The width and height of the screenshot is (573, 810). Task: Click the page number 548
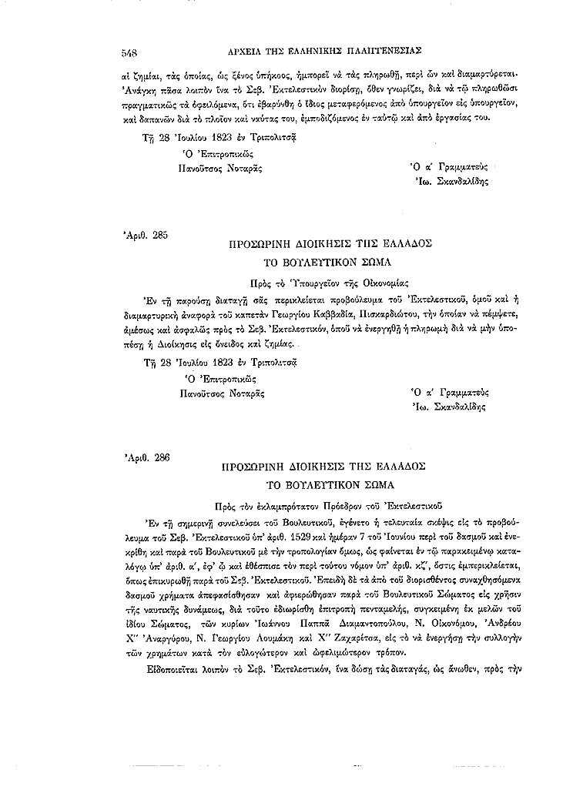click(129, 53)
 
